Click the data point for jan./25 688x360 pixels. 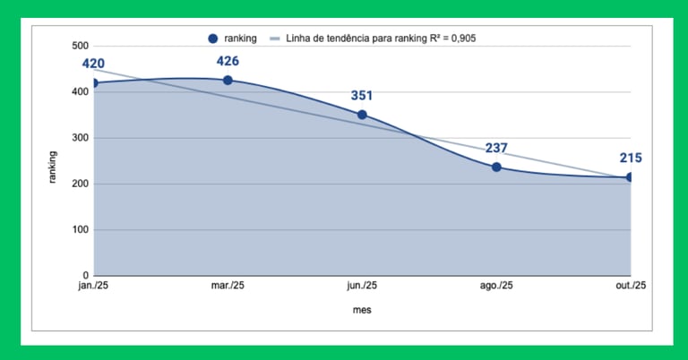(x=94, y=83)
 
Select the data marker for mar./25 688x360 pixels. (x=228, y=80)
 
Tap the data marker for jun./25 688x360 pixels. (x=362, y=115)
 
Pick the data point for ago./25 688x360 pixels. (x=496, y=167)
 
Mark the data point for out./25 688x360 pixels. (x=630, y=177)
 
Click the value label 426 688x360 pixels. (x=228, y=62)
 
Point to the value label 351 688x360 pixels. (x=362, y=96)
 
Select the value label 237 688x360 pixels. (x=496, y=149)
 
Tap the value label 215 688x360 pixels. (x=631, y=159)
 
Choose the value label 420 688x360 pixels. (x=93, y=64)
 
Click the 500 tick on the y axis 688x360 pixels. (x=80, y=46)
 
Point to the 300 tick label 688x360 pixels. (x=80, y=138)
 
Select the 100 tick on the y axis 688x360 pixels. (x=80, y=230)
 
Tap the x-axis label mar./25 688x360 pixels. (x=228, y=286)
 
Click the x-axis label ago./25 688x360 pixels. (x=496, y=286)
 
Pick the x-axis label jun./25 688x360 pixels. (x=362, y=286)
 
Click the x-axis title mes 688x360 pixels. (x=362, y=310)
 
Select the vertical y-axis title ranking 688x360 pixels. (x=53, y=167)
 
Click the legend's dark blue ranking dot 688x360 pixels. (x=213, y=39)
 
